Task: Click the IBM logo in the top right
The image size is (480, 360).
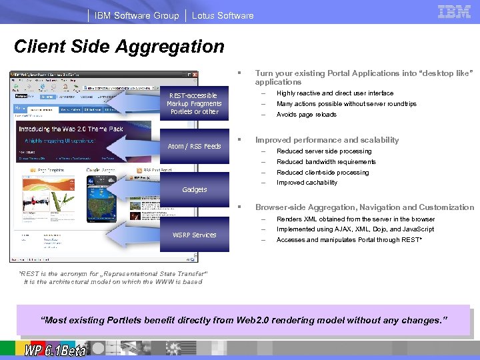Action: click(x=455, y=11)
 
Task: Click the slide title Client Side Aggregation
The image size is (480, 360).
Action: click(x=119, y=47)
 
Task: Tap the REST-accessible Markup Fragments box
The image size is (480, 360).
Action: click(x=194, y=103)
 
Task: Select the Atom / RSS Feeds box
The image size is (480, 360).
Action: click(x=194, y=146)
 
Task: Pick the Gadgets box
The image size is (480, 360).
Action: click(x=194, y=189)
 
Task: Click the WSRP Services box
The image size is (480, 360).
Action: click(x=194, y=235)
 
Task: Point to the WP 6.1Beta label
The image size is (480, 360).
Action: click(x=55, y=349)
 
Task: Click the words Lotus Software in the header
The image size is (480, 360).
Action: click(x=223, y=15)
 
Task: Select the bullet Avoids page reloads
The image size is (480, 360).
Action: click(x=307, y=115)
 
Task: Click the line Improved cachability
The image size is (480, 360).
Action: click(x=307, y=183)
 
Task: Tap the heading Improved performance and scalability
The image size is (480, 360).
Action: click(x=327, y=140)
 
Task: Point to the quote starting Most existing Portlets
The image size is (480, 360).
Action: click(x=245, y=321)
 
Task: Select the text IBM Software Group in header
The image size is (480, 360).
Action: click(x=137, y=15)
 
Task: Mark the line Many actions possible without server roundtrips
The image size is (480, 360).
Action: click(x=346, y=104)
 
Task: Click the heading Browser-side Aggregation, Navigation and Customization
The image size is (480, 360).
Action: click(x=365, y=207)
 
